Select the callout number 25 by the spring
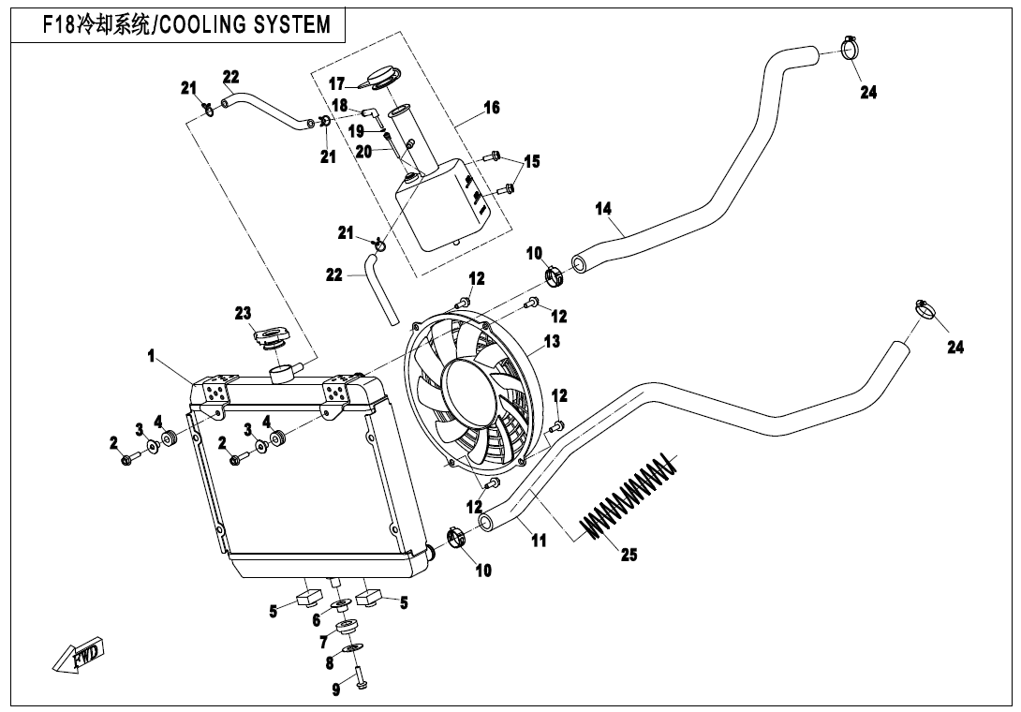(x=629, y=555)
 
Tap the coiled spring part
(x=628, y=495)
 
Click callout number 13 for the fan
(x=552, y=341)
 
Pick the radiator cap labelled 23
(x=270, y=339)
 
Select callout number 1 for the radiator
(x=151, y=356)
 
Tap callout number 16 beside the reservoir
(x=492, y=108)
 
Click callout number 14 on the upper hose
(x=603, y=209)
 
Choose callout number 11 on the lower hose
(x=539, y=540)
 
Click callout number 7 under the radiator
(x=323, y=643)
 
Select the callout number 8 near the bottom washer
(x=330, y=664)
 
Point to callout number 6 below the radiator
(x=317, y=620)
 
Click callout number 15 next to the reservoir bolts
(x=532, y=161)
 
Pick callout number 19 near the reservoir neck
(x=356, y=131)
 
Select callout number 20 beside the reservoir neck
(x=363, y=151)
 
